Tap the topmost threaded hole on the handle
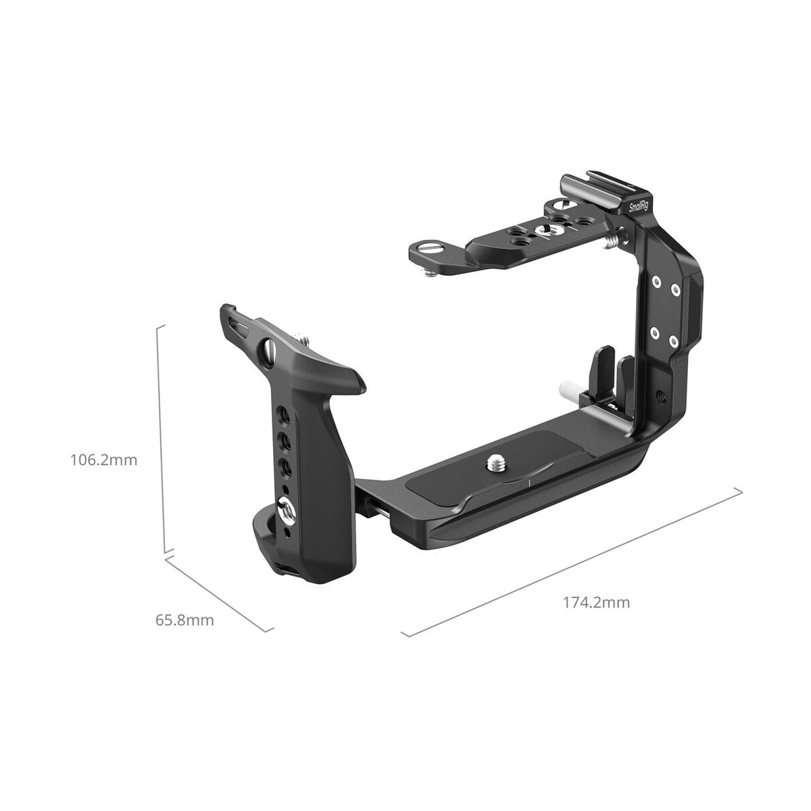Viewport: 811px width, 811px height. coord(283,413)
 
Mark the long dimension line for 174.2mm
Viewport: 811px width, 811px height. coord(571,558)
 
